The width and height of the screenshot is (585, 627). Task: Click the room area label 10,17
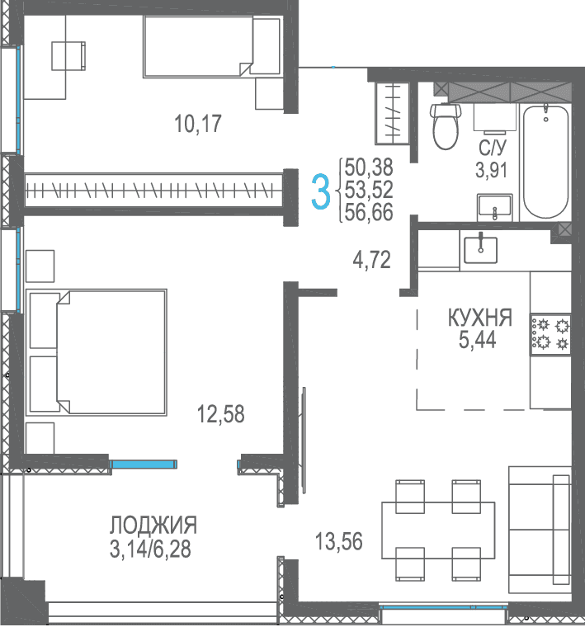[198, 124]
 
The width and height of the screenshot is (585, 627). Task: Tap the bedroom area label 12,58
[221, 414]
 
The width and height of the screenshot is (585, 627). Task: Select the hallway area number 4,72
[371, 260]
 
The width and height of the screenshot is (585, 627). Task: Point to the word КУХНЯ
[480, 318]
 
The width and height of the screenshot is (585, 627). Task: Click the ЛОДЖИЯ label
[153, 525]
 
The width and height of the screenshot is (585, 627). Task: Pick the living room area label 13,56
[339, 541]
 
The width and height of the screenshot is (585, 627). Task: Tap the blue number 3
[321, 191]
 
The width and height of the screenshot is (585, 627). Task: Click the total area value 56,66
[369, 212]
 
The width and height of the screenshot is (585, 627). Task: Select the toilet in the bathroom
[446, 126]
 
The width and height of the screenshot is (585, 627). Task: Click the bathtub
[546, 162]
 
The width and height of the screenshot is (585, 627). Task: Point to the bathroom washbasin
[494, 208]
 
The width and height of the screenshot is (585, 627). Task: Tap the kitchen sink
[481, 250]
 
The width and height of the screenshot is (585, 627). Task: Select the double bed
[97, 352]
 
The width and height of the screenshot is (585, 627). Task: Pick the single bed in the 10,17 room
[213, 46]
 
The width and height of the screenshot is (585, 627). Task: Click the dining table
[438, 530]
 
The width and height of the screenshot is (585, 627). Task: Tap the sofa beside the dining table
[540, 530]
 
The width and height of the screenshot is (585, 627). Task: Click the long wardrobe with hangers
[154, 191]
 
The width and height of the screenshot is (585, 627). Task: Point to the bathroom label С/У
[493, 148]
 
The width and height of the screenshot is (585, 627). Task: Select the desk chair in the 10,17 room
[68, 56]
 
